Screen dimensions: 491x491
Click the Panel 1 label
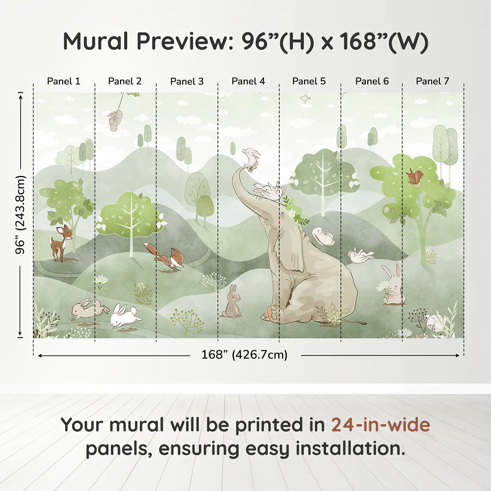(63, 81)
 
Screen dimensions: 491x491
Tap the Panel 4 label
(248, 81)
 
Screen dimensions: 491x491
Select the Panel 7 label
(432, 81)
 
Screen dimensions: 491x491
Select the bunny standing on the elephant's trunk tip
(251, 157)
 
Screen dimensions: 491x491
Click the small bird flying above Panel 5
(305, 98)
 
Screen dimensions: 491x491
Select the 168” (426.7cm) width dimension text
(244, 355)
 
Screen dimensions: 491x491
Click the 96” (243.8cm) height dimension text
(20, 215)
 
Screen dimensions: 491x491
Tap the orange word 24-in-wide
(381, 424)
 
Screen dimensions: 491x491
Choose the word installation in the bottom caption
(350, 449)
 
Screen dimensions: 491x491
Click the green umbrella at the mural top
(132, 94)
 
